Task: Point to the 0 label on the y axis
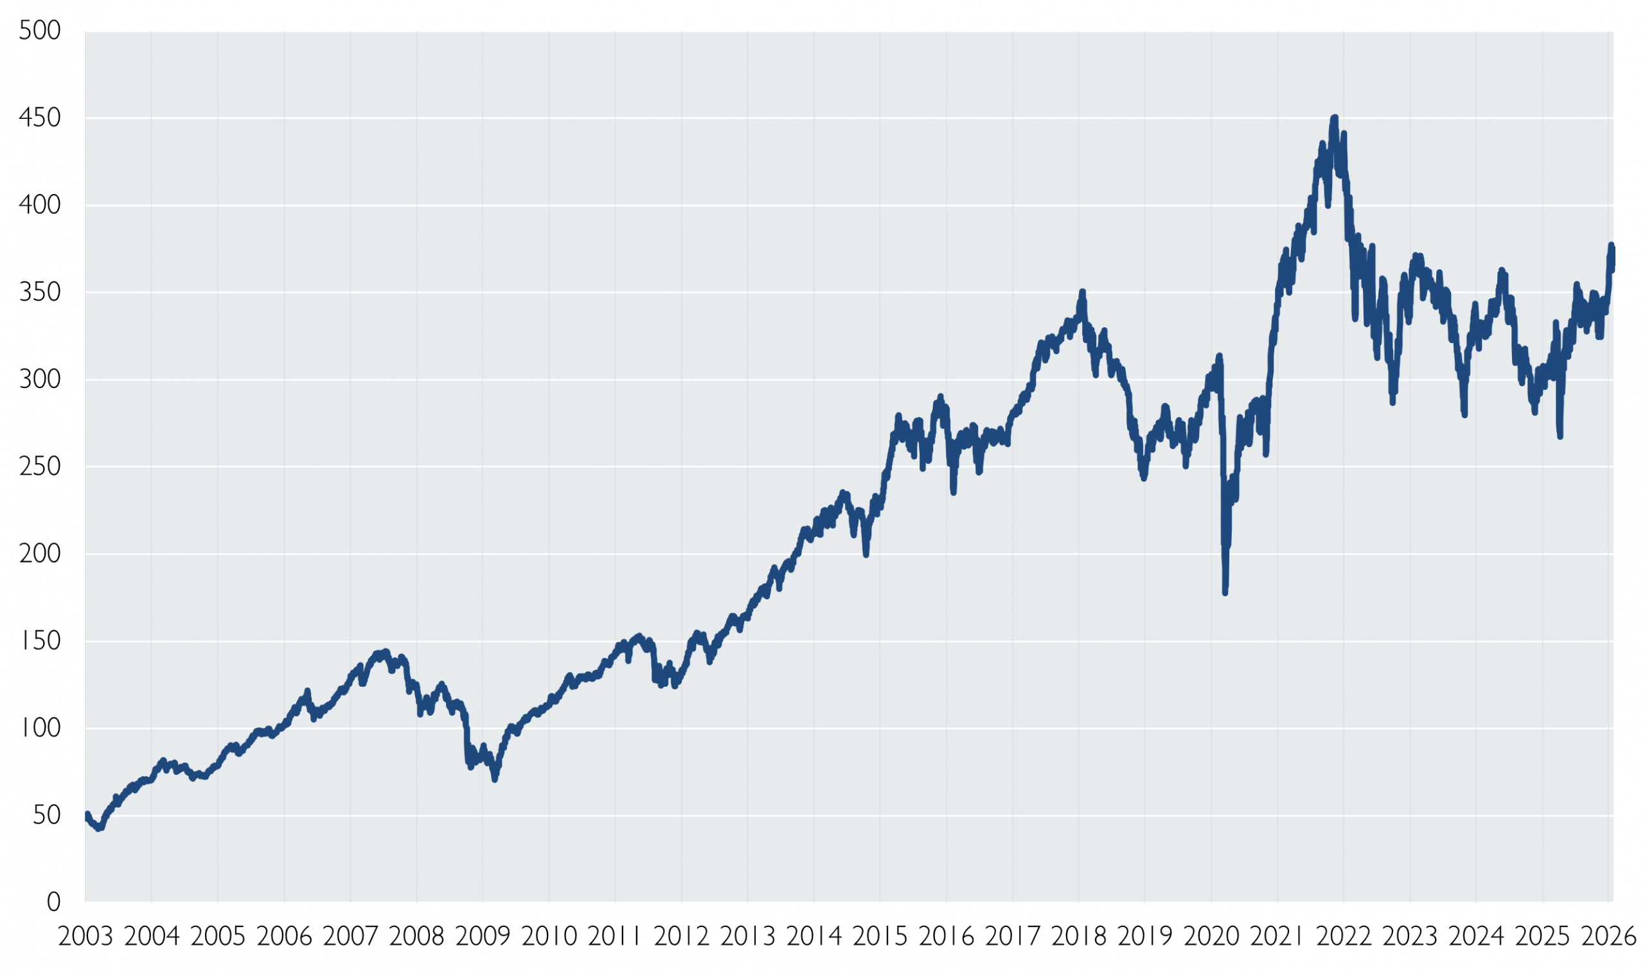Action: [x=53, y=903]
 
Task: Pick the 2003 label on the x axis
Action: [x=85, y=937]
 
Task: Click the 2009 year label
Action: [x=483, y=937]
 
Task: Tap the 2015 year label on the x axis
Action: [x=880, y=937]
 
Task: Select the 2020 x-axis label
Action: [x=1211, y=937]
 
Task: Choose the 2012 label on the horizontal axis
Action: [x=681, y=937]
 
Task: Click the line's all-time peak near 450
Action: [x=1334, y=118]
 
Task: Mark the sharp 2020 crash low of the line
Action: [x=1225, y=592]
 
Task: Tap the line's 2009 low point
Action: [x=495, y=779]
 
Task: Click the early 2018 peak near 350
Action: [x=1083, y=292]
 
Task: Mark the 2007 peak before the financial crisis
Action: [x=386, y=651]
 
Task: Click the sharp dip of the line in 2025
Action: [x=1560, y=436]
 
